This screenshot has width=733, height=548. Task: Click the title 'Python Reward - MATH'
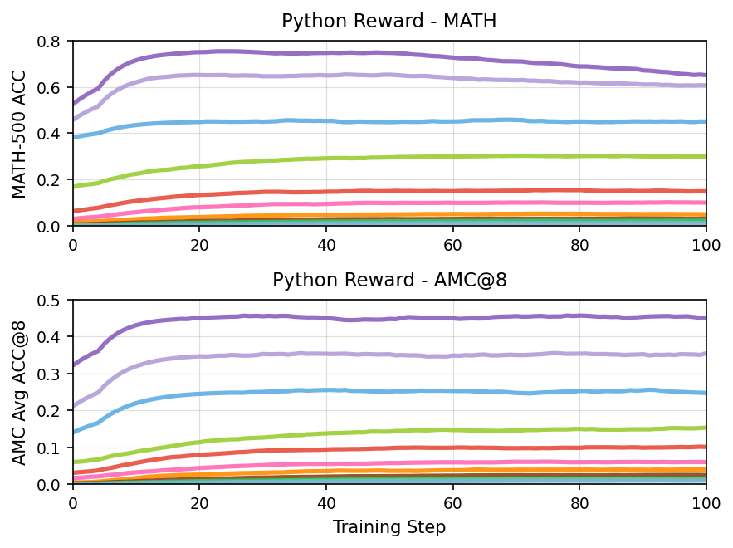pyautogui.click(x=388, y=22)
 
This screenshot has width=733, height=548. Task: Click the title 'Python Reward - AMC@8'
pyautogui.click(x=388, y=281)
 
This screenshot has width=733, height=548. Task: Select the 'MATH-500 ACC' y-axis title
pyautogui.click(x=19, y=133)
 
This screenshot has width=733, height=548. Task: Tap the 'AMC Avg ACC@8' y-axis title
pyautogui.click(x=19, y=392)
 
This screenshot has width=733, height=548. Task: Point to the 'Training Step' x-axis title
pyautogui.click(x=388, y=527)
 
